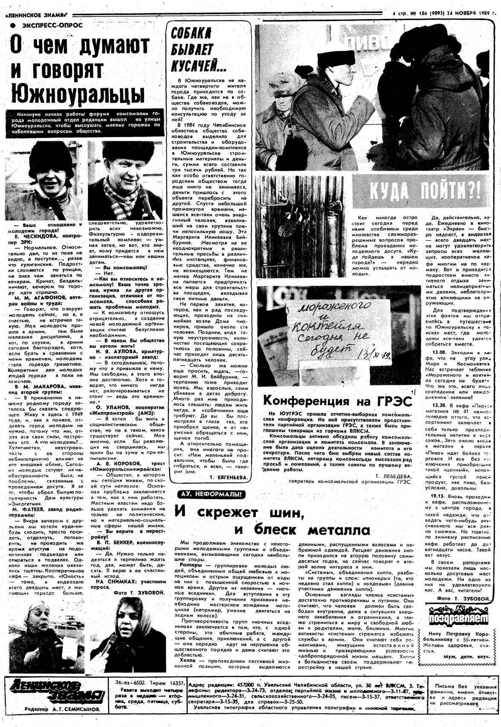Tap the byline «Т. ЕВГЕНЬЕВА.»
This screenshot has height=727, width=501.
(x=229, y=478)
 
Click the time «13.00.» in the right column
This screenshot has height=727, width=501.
(x=439, y=353)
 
